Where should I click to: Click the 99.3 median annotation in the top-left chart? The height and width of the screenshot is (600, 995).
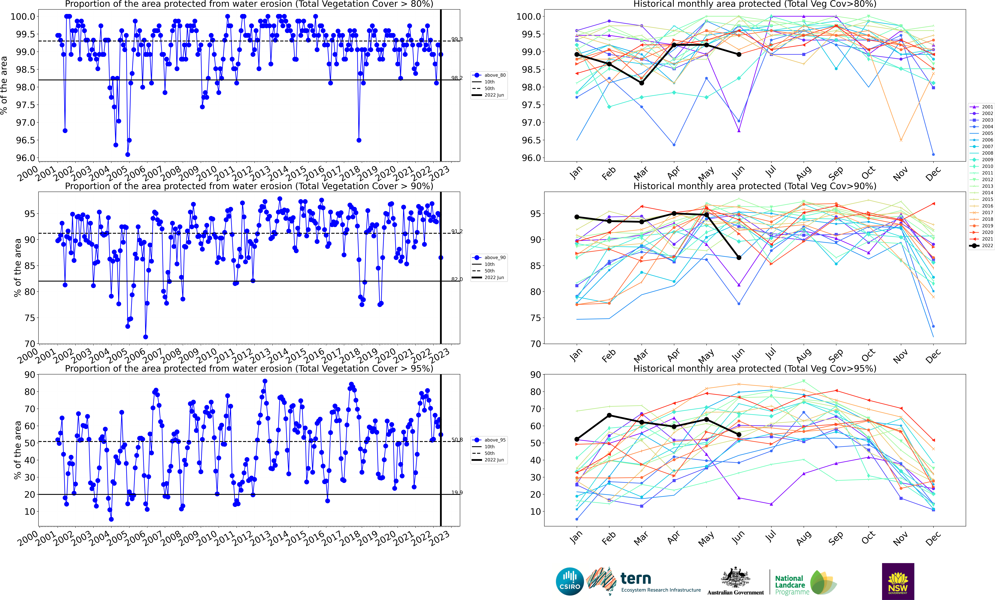pos(457,39)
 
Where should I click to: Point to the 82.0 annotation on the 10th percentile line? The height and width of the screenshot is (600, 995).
pos(457,279)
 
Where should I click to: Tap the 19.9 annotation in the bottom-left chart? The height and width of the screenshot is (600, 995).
pos(457,493)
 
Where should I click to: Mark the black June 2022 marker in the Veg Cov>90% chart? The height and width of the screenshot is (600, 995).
pos(739,257)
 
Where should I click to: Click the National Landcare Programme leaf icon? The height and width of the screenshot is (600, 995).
pos(823,582)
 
